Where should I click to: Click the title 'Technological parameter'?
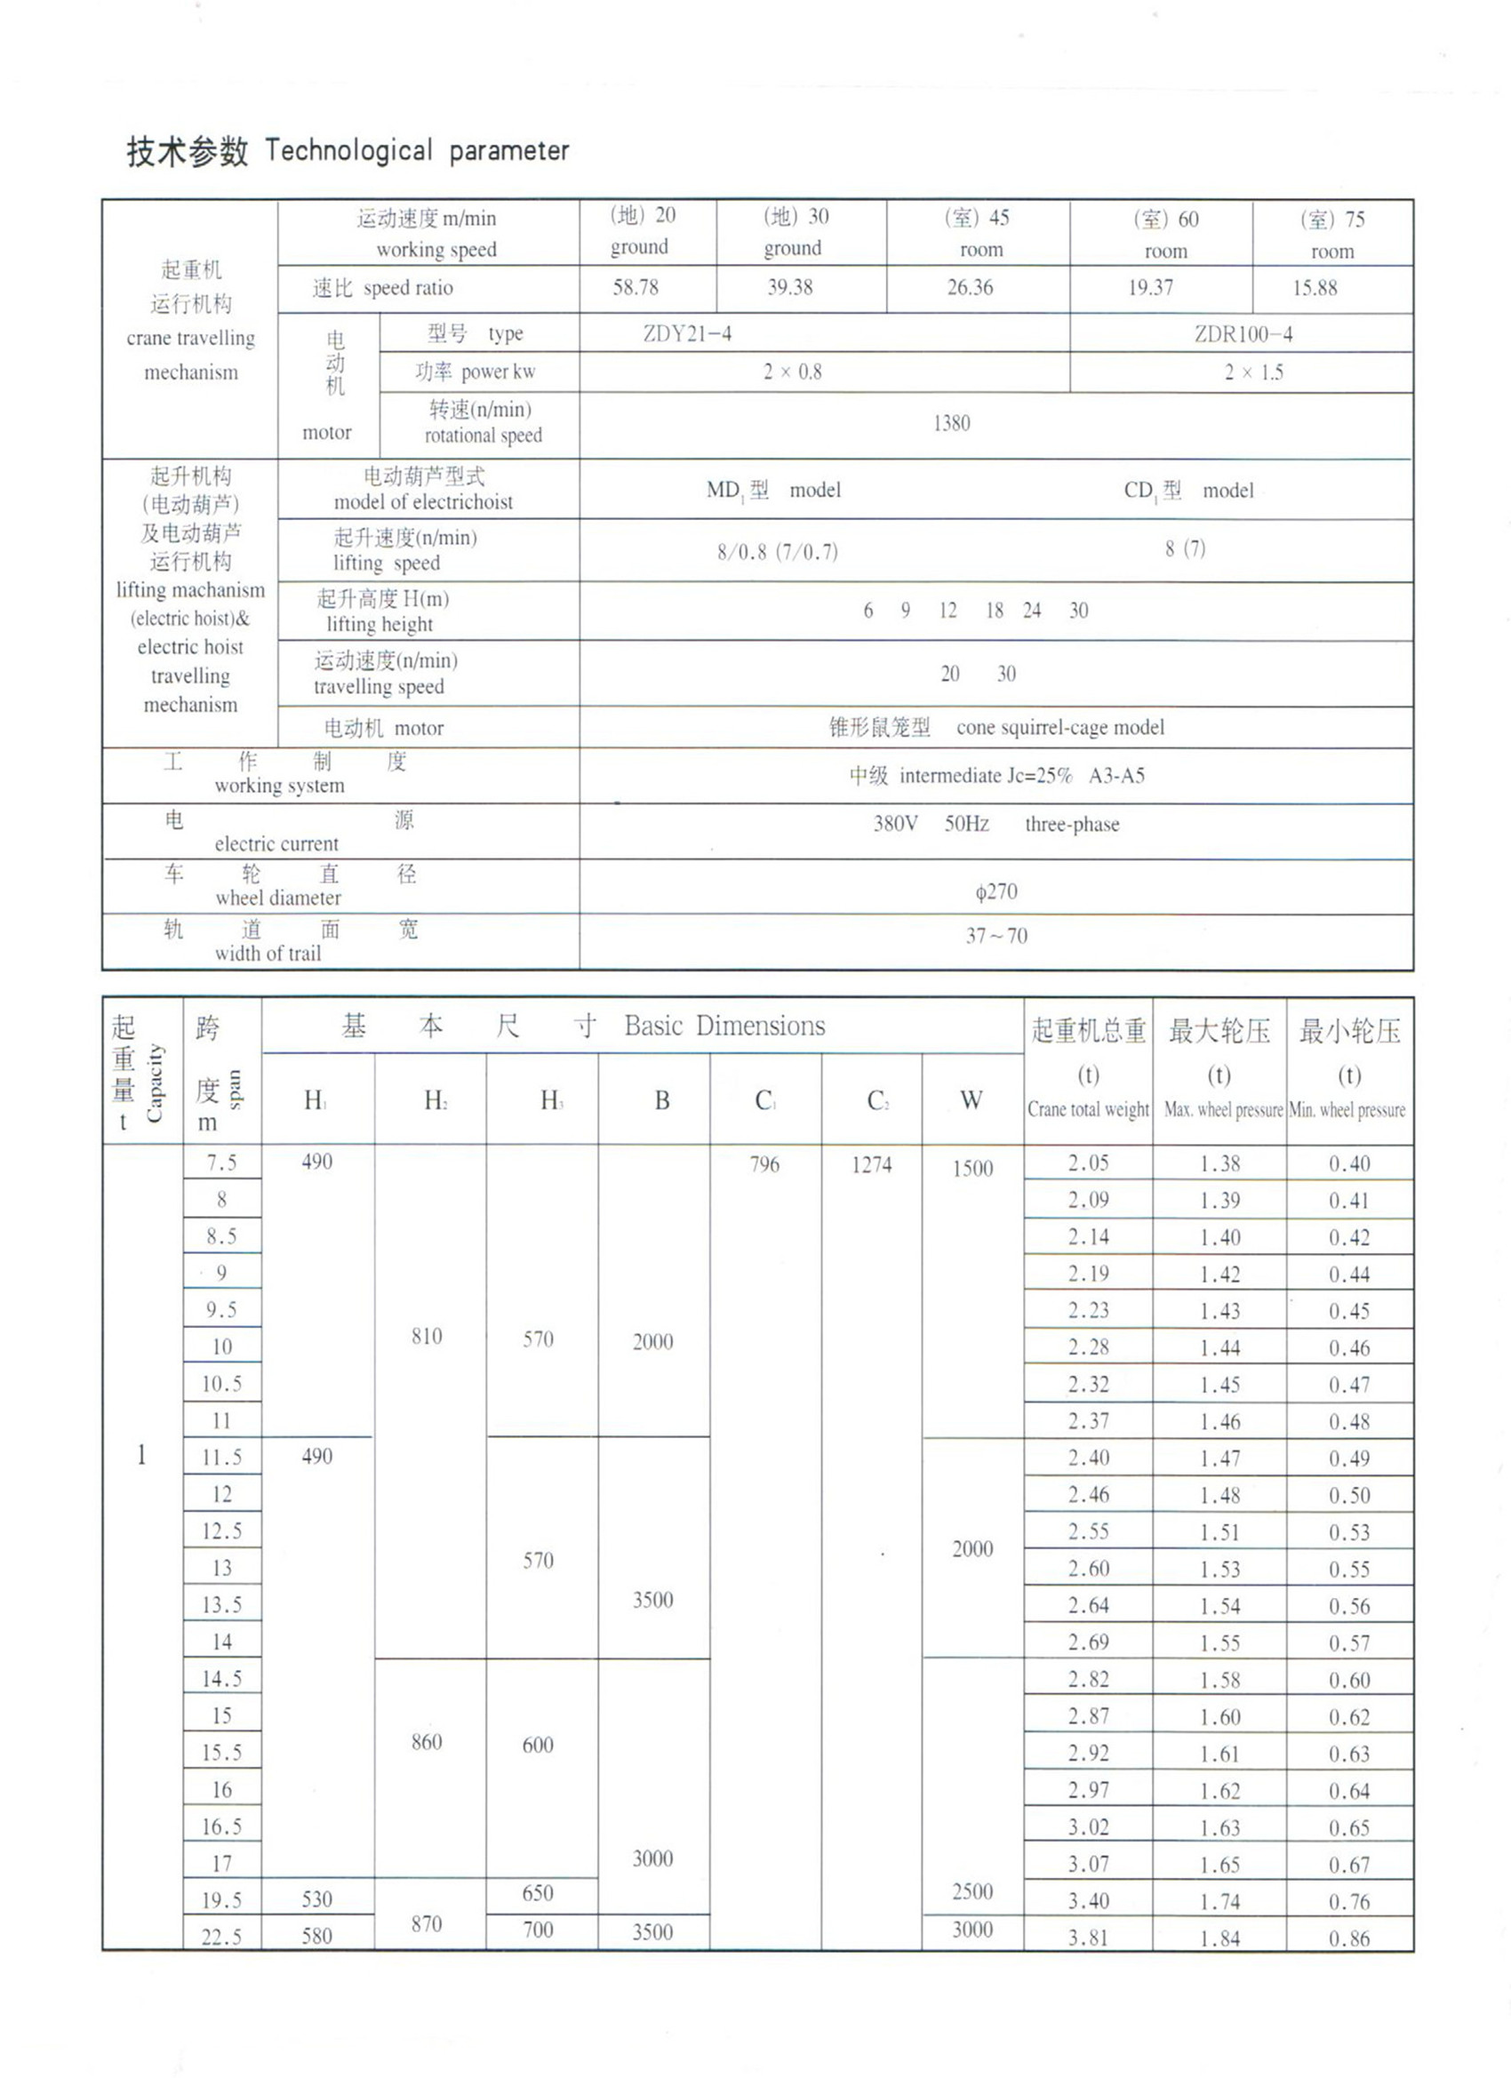(417, 151)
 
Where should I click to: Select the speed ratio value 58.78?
(636, 288)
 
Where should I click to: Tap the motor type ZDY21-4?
(687, 333)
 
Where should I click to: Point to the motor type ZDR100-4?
(1243, 334)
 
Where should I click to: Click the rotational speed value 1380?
(951, 423)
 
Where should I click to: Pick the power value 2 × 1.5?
(1253, 373)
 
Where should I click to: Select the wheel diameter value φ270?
(996, 891)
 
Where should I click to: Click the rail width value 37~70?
(996, 936)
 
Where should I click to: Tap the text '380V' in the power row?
(895, 824)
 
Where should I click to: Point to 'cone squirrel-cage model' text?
(1060, 728)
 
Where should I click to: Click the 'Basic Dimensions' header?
(724, 1027)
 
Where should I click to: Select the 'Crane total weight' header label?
(1088, 1109)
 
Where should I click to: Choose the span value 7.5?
(221, 1163)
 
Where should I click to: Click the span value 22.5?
(221, 1936)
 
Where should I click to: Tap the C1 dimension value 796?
(764, 1164)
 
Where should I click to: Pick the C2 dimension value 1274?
(870, 1164)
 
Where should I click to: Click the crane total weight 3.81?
(1088, 1937)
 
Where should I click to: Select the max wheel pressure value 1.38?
(1219, 1163)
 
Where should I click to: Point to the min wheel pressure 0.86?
(1349, 1938)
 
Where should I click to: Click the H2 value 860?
(427, 1742)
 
